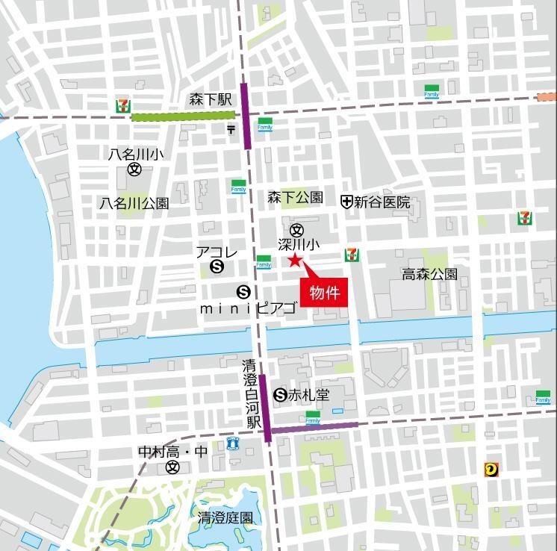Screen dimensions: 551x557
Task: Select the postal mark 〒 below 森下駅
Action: [x=231, y=130]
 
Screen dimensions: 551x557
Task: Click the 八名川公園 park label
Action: [x=135, y=202]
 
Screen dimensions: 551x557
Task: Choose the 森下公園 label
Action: [x=296, y=197]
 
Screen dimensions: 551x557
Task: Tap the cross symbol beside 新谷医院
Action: [x=346, y=202]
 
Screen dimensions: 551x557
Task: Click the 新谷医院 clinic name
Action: [x=382, y=202]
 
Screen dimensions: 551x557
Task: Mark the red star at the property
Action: [x=294, y=261]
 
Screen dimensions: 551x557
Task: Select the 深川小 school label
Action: [x=299, y=244]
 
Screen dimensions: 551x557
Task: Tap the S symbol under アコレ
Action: [x=217, y=265]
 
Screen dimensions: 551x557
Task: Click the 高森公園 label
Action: [x=429, y=274]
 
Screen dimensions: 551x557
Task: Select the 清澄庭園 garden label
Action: [x=225, y=517]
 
